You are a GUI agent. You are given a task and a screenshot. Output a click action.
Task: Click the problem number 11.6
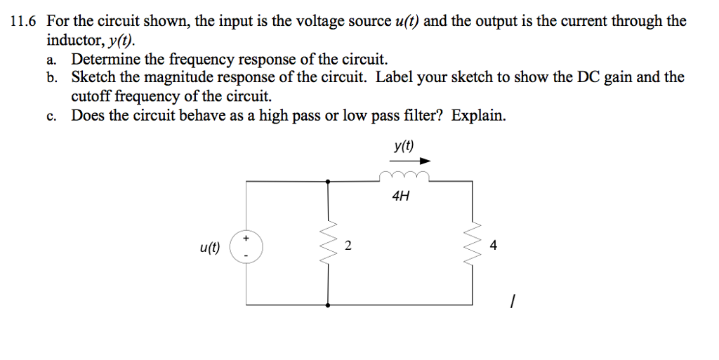[24, 21]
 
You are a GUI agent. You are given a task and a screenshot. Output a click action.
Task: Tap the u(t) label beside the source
[210, 246]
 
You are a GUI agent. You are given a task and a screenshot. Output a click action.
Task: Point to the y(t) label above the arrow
[404, 145]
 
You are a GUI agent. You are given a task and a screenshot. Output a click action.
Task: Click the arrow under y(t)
[409, 161]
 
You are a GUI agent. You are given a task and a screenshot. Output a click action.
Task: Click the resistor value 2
[348, 246]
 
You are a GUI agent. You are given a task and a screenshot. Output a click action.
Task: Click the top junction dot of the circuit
[327, 181]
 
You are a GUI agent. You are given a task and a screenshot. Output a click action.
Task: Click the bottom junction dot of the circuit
[327, 305]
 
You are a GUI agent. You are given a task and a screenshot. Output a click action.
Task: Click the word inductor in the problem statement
[71, 40]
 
